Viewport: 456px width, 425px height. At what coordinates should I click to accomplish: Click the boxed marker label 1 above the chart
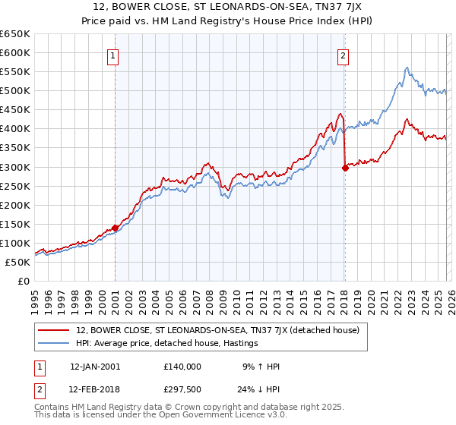pos(112,55)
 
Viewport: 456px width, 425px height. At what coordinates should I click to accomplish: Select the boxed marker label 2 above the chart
pos(344,55)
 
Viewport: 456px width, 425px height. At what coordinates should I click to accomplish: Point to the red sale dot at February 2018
pos(345,168)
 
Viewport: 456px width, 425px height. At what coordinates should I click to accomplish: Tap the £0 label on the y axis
pos(24,281)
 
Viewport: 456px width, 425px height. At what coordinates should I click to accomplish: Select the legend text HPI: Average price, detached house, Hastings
pos(167,344)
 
